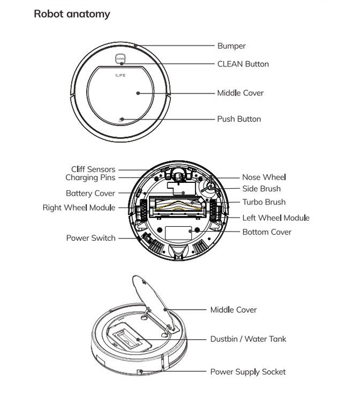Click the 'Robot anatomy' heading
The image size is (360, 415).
tap(71, 14)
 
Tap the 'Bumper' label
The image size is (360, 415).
tap(231, 46)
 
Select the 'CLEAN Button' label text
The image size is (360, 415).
tap(243, 64)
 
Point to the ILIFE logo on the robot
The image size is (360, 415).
tap(120, 75)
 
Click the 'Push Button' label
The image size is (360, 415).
tap(239, 119)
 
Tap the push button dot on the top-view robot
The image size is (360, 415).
tap(121, 119)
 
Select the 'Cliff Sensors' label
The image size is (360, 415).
tap(93, 169)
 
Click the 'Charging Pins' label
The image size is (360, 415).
tap(90, 177)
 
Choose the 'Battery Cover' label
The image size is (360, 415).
tap(90, 194)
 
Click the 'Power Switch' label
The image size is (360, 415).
tap(91, 238)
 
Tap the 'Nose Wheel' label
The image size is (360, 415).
tap(264, 177)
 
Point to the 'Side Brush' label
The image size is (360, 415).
tap(261, 189)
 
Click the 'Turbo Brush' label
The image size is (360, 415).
tap(264, 202)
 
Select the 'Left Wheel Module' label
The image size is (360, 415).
tap(276, 218)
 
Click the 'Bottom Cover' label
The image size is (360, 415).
tap(267, 232)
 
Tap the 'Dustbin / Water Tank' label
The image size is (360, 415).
tap(248, 339)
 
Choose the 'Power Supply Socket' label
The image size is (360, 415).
tap(248, 371)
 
